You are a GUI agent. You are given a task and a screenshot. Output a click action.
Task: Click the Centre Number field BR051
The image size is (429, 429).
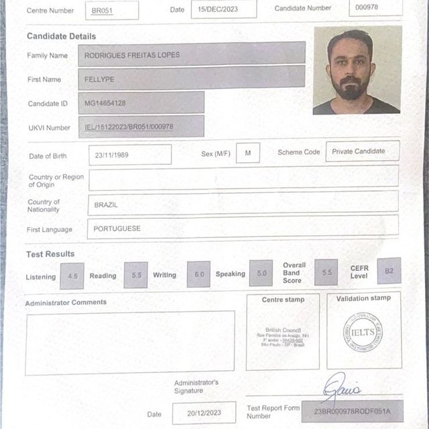(112, 10)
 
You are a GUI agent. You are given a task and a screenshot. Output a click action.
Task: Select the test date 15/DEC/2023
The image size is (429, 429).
(223, 9)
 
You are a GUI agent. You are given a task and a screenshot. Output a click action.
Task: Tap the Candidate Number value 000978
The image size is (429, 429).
(375, 8)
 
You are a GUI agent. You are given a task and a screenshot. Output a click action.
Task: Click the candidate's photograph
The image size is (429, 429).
(357, 70)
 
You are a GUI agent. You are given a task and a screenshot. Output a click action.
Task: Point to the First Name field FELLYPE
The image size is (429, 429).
(191, 78)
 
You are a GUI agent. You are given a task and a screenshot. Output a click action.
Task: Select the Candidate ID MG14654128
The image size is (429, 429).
(141, 103)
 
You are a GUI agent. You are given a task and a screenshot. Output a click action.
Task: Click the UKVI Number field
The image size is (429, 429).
(141, 126)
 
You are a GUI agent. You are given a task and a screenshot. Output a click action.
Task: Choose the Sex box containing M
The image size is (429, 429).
(248, 154)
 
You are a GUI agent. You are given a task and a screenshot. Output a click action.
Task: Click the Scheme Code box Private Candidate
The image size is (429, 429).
(362, 151)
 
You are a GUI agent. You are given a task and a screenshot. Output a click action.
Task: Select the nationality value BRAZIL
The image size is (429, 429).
(243, 204)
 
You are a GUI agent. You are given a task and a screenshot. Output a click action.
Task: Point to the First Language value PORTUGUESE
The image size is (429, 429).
(243, 228)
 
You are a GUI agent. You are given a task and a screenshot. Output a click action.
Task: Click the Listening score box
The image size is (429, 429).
(72, 275)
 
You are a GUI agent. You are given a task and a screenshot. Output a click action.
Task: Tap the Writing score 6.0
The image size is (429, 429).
(198, 275)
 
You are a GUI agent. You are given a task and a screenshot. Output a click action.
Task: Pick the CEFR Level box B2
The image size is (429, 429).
(389, 271)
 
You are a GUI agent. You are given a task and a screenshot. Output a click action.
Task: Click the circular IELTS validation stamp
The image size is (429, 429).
(363, 330)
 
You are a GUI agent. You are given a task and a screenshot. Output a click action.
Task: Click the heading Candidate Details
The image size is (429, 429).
(61, 36)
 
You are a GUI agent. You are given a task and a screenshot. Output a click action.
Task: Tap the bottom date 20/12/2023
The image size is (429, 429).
(204, 413)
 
